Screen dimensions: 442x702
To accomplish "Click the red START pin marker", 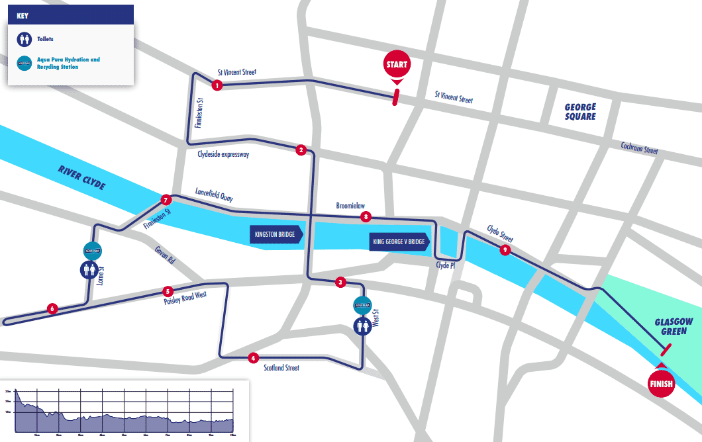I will click(397, 66).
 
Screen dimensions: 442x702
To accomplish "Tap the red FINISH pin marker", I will click(660, 383).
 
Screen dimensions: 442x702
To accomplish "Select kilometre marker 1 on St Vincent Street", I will click(216, 85).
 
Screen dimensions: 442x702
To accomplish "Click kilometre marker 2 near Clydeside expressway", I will click(301, 150).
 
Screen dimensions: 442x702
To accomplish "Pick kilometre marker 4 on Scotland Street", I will click(252, 358).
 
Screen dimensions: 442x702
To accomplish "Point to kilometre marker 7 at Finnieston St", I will click(166, 200).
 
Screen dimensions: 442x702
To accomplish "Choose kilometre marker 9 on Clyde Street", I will click(505, 250).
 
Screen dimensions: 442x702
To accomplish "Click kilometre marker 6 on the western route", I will click(52, 308).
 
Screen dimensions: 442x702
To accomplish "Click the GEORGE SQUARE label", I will click(580, 112).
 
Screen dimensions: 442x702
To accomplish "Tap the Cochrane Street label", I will click(639, 148).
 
